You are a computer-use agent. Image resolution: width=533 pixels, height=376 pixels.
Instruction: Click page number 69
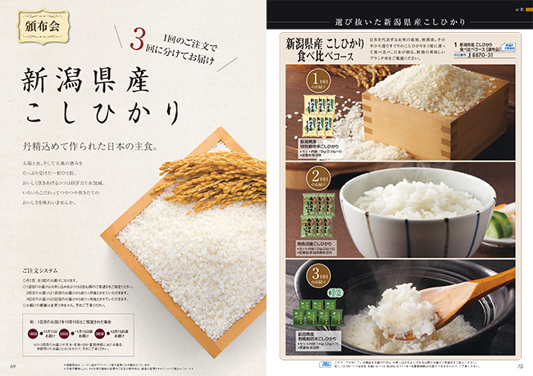coord(13,365)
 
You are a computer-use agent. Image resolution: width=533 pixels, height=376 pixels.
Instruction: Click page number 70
coord(519,365)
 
